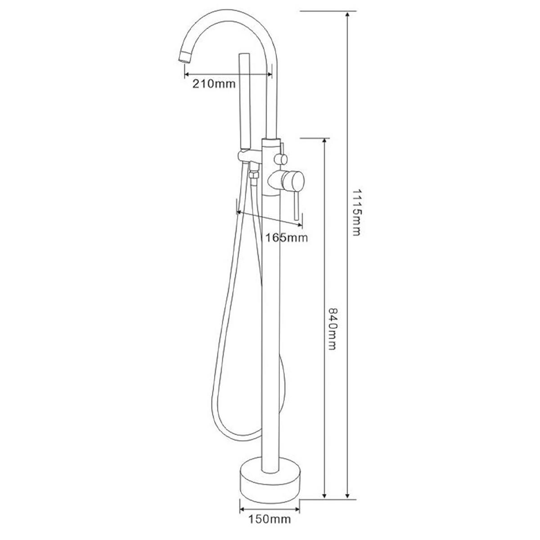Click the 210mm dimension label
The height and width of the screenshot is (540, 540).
pos(214,84)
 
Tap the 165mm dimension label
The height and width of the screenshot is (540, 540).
pos(286,238)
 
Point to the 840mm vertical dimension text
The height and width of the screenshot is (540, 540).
pos(332,329)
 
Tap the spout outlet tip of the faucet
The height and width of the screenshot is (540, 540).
pos(184,58)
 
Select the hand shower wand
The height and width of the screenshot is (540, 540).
pos(245,101)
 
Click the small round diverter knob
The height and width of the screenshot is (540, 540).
pos(281,159)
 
